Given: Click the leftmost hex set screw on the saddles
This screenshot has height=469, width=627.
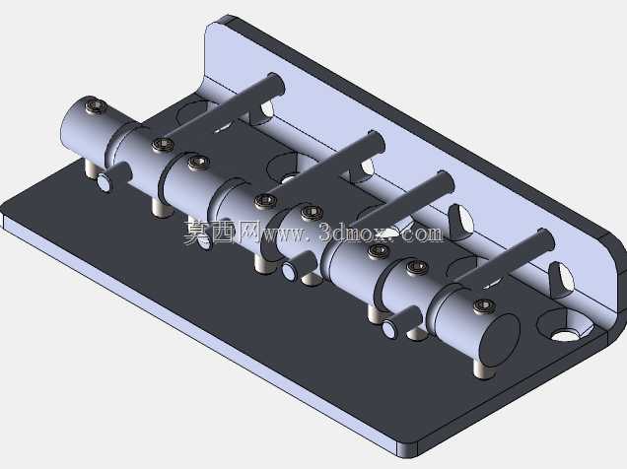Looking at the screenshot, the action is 97,105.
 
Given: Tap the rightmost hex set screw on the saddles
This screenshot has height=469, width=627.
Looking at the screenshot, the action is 484,306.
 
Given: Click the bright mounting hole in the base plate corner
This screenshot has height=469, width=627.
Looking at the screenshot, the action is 565,334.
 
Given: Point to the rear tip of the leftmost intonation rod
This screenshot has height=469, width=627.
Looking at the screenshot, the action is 277,83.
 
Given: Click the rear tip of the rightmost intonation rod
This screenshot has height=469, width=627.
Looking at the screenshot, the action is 546,238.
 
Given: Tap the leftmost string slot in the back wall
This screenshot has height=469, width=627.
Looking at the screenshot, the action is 265,110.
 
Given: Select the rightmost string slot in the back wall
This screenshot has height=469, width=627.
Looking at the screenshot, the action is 562,279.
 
